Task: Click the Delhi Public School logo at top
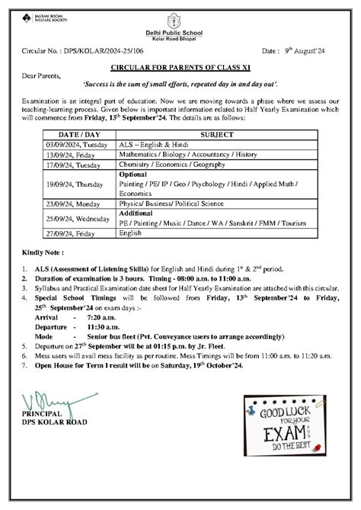(180, 17)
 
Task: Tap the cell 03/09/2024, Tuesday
(76, 143)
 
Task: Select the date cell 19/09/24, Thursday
(75, 184)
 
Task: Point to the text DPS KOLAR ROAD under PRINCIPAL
(55, 422)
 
